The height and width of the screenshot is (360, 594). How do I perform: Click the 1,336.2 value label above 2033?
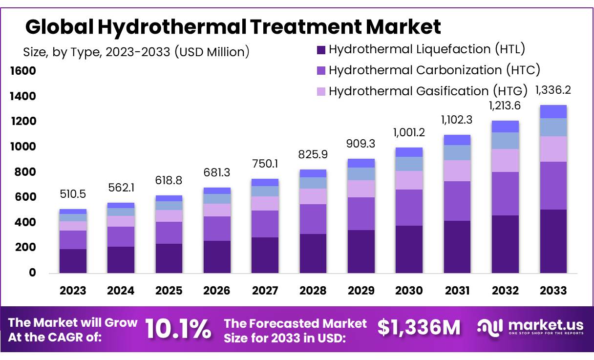(553, 90)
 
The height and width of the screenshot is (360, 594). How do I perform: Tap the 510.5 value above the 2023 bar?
(73, 194)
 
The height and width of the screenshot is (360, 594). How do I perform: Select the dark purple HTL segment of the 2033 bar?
(553, 241)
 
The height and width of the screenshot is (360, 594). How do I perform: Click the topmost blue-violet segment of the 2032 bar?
(505, 127)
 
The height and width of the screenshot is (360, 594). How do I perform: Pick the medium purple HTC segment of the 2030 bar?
(409, 207)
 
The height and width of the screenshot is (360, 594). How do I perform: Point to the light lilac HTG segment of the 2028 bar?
(313, 196)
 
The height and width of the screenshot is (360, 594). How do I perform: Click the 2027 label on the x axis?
(265, 291)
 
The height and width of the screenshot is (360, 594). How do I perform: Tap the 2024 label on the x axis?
(121, 291)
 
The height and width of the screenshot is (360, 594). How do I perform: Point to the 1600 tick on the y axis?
(23, 71)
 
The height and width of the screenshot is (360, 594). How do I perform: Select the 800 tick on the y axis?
(26, 172)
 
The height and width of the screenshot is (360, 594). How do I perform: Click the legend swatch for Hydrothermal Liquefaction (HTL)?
(321, 49)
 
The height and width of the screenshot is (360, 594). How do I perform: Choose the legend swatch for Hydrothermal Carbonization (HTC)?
(321, 70)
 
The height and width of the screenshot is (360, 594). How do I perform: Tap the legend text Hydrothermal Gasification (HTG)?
(428, 91)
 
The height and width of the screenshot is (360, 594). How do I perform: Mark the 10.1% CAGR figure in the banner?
(179, 329)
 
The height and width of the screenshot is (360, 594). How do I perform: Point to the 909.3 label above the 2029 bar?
(361, 145)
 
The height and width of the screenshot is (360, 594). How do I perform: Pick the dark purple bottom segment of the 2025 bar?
(169, 258)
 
